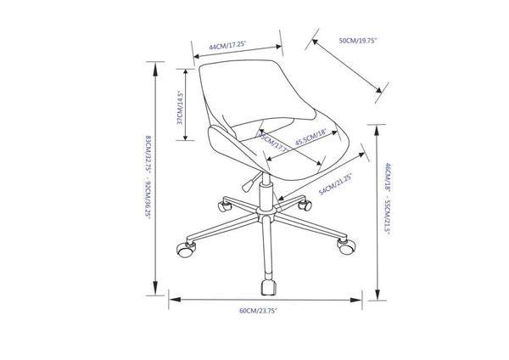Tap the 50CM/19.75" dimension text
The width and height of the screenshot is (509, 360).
point(357,41)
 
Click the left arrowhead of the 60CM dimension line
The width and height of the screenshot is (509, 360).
point(171,298)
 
